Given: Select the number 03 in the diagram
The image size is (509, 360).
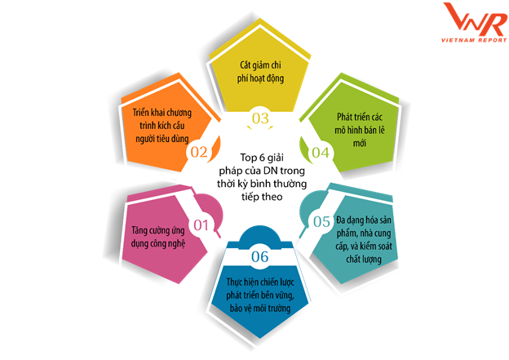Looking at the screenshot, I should pyautogui.click(x=260, y=118).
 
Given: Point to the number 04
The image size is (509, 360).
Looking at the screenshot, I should pyautogui.click(x=321, y=152).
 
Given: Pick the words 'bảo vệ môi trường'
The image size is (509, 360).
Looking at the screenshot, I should pyautogui.click(x=260, y=308).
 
